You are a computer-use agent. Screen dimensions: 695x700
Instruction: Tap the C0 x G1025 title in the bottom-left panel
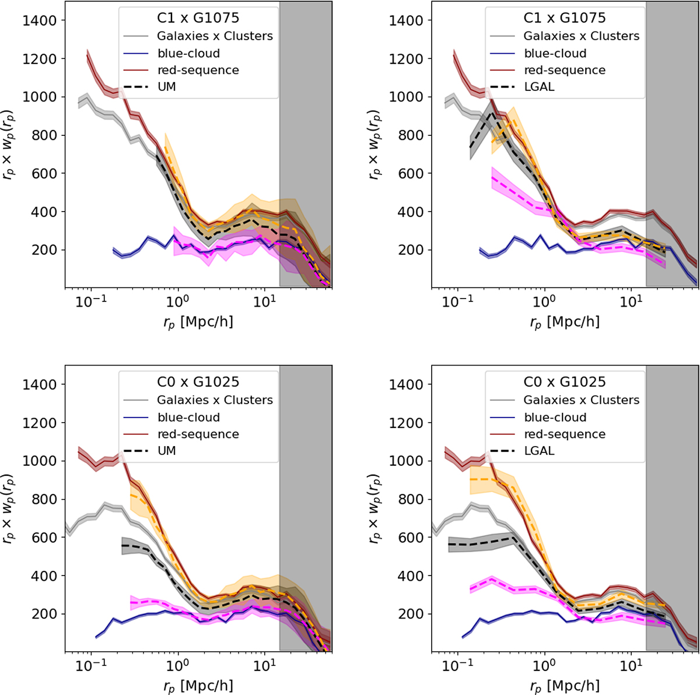pyautogui.click(x=198, y=382)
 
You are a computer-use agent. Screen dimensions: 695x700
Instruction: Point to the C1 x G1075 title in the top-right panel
pyautogui.click(x=564, y=18)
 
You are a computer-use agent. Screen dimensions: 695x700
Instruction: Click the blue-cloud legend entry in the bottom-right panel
pyautogui.click(x=555, y=417)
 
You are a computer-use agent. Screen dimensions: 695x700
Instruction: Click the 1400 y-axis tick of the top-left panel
pyautogui.click(x=41, y=21)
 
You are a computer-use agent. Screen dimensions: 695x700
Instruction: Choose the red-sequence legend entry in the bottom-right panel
pyautogui.click(x=564, y=434)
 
